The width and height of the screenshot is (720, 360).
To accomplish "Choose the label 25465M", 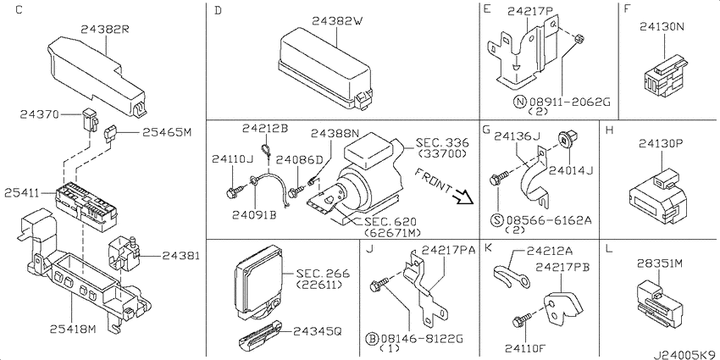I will (167, 131).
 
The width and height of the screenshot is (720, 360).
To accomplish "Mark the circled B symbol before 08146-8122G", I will (373, 338).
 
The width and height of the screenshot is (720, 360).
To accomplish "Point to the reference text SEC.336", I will (441, 143).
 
